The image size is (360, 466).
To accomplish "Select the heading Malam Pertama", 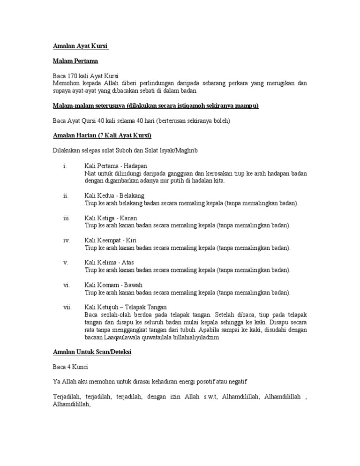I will (75, 61).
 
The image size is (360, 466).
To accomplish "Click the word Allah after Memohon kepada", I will (112, 83).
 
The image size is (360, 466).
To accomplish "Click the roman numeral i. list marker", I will (64, 166).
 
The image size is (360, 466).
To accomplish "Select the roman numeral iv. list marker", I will (66, 240).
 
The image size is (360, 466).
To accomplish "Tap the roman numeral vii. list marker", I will (67, 307).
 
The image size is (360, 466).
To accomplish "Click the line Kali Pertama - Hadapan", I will (116, 166).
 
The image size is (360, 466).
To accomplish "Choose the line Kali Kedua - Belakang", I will (114, 195).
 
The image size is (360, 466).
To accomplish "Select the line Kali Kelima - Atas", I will (109, 262).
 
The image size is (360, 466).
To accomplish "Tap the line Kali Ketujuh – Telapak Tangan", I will (126, 307).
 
